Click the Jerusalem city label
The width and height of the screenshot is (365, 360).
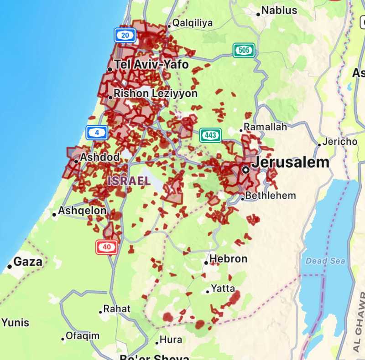click(290, 162)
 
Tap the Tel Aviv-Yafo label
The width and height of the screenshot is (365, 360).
click(151, 65)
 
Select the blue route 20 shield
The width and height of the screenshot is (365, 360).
click(125, 35)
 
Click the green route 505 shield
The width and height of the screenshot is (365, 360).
click(244, 50)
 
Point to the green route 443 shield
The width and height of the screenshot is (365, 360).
click(210, 135)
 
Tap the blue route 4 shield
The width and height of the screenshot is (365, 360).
click(97, 133)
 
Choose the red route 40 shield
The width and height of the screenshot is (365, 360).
click(106, 247)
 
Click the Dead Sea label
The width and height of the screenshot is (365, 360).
click(325, 261)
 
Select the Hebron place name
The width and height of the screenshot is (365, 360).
click(228, 259)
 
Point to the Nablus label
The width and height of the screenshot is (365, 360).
click(279, 10)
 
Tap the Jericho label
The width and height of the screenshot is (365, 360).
click(340, 142)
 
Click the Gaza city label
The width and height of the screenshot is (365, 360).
click(28, 262)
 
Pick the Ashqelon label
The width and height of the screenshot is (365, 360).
click(82, 211)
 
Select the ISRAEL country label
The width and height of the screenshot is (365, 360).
click(129, 181)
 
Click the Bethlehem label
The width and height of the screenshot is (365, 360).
click(271, 196)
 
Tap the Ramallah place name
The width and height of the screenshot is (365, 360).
click(265, 127)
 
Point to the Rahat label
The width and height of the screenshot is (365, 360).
click(117, 309)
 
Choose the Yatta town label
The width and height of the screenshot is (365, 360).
click(223, 289)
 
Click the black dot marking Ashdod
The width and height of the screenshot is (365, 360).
click(76, 161)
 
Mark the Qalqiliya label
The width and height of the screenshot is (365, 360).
click(192, 23)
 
